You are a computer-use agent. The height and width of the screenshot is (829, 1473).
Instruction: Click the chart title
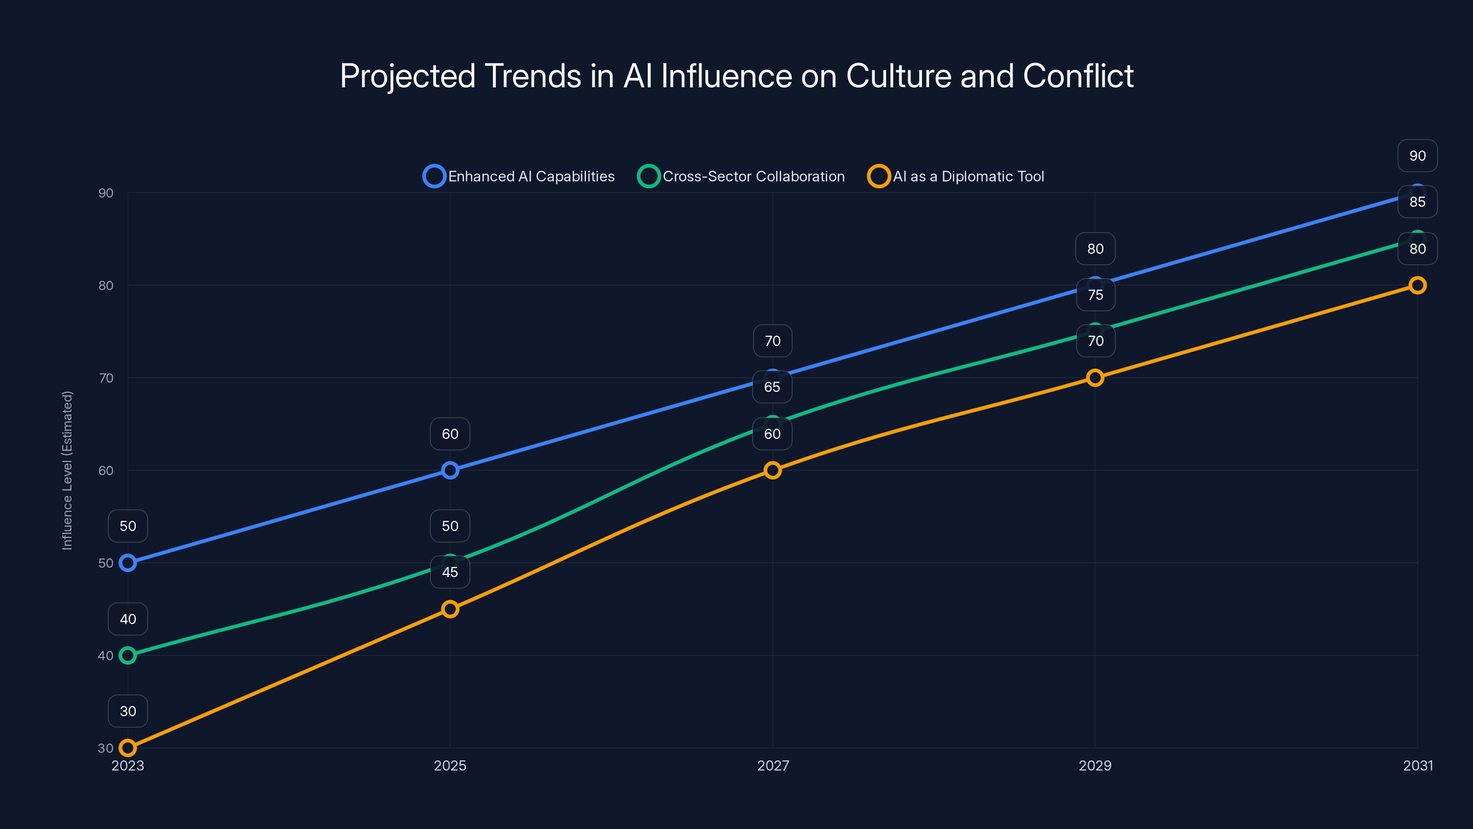pos(736,76)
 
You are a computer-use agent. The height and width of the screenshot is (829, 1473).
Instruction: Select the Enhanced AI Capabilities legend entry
pos(519,176)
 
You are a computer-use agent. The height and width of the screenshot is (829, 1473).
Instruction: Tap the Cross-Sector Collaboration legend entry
pos(741,176)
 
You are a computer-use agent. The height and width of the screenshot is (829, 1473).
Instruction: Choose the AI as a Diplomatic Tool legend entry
pos(956,176)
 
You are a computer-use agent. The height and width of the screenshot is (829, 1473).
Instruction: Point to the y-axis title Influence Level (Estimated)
pos(68,470)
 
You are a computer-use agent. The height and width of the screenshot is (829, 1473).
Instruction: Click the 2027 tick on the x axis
pos(772,765)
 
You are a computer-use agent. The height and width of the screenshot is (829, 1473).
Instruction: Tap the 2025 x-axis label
pos(450,765)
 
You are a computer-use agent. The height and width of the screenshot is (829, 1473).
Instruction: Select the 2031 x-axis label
pos(1418,765)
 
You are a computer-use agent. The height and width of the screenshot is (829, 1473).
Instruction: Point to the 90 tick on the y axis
pos(106,193)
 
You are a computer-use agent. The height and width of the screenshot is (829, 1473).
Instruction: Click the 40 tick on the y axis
pos(106,656)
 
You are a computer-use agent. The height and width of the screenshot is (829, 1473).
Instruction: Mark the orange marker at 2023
pos(128,748)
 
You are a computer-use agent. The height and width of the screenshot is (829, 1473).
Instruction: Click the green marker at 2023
pos(128,656)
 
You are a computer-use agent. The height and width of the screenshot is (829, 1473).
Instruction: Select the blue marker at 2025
pos(450,470)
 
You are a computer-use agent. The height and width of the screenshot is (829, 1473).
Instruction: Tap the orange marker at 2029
pos(1095,378)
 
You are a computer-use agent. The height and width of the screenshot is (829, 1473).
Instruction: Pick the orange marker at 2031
pos(1418,285)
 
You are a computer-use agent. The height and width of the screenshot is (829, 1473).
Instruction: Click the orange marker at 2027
pos(772,470)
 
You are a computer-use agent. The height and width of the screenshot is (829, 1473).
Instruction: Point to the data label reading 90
pos(1418,156)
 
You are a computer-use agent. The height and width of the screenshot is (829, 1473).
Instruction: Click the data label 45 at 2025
pos(450,572)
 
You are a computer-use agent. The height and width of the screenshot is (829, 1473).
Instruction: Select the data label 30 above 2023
pos(128,711)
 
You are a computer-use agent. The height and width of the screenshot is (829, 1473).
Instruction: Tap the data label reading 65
pos(772,387)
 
